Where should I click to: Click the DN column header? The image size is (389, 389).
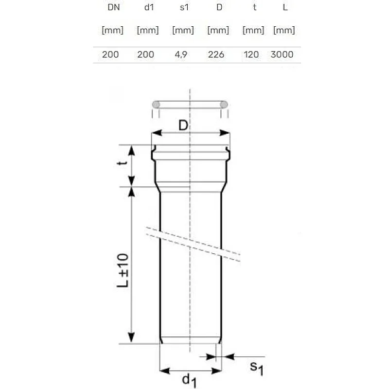click(112, 8)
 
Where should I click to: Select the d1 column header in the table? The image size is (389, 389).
click(148, 8)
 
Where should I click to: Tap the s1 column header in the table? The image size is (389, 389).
click(183, 8)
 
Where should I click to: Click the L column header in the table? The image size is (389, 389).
click(284, 8)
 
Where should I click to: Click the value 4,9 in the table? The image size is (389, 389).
click(181, 54)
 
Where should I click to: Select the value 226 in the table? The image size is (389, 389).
click(216, 54)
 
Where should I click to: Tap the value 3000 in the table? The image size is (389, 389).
click(282, 54)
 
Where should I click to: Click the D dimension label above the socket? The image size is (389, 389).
click(182, 125)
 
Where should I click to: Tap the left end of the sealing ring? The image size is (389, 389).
click(156, 104)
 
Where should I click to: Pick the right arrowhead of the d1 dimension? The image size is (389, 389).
click(218, 371)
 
